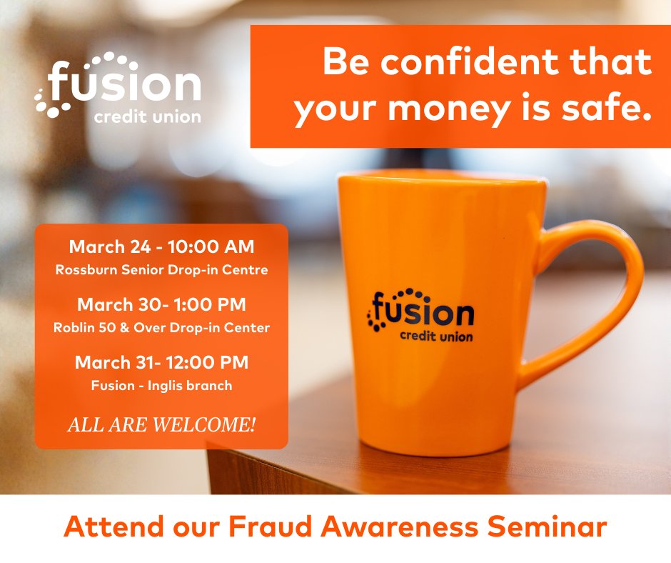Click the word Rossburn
click(x=87, y=270)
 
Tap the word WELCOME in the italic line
click(x=214, y=425)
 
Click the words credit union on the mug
click(x=435, y=336)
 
